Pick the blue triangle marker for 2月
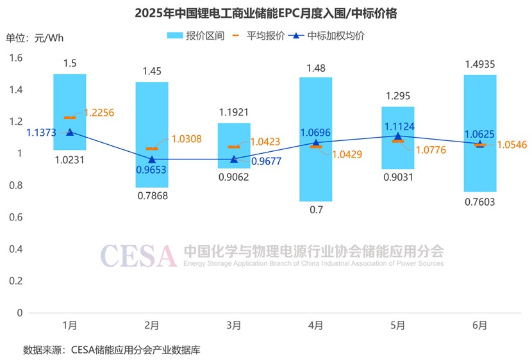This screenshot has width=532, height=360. click(x=152, y=160)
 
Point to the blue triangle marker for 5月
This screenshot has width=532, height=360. click(x=398, y=136)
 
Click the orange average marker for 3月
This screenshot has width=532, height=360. click(x=234, y=147)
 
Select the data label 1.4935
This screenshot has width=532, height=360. click(x=479, y=64)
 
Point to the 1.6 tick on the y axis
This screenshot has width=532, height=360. click(x=15, y=58)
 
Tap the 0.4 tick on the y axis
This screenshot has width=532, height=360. click(x=15, y=249)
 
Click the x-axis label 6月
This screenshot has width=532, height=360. click(x=479, y=326)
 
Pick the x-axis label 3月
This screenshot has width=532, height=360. click(x=234, y=326)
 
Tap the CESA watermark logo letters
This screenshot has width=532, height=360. click(x=138, y=256)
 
